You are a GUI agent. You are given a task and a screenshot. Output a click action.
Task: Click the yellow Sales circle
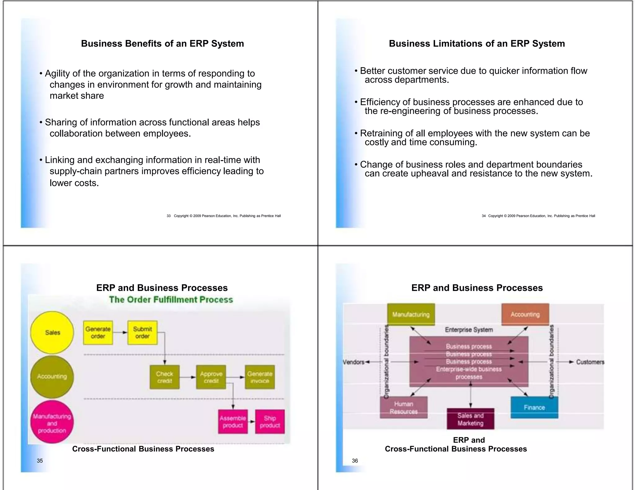coord(52,332)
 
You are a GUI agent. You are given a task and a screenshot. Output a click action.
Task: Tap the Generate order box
coord(98,333)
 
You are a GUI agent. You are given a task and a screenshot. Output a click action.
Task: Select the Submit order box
coord(142,333)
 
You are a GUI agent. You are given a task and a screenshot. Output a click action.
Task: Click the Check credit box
coord(164,377)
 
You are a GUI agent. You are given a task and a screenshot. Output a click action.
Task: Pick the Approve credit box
coord(211,377)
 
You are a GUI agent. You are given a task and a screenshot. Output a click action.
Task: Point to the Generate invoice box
coord(260,377)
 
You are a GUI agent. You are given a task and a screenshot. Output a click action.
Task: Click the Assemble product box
coord(233,422)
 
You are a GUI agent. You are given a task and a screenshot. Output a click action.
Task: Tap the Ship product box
coord(270,422)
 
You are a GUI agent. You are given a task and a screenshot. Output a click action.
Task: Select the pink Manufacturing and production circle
coord(52,422)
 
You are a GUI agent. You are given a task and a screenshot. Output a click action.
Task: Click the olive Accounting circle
coord(52,377)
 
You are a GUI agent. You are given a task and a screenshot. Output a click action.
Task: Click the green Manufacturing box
coord(411,314)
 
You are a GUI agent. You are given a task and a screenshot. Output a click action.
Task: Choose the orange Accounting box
coord(525,314)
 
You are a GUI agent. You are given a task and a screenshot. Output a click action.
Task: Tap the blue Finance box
coord(534,407)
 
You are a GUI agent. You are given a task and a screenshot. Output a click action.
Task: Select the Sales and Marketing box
coord(470,419)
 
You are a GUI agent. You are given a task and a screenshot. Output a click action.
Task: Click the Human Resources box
coord(403,408)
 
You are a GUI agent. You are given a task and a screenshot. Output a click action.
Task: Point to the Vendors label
coord(353,362)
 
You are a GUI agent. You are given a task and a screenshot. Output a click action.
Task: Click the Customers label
coord(590,362)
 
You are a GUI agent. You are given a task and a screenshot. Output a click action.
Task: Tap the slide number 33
coord(169,216)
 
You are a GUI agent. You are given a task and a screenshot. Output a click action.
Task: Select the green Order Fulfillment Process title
coord(171,300)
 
